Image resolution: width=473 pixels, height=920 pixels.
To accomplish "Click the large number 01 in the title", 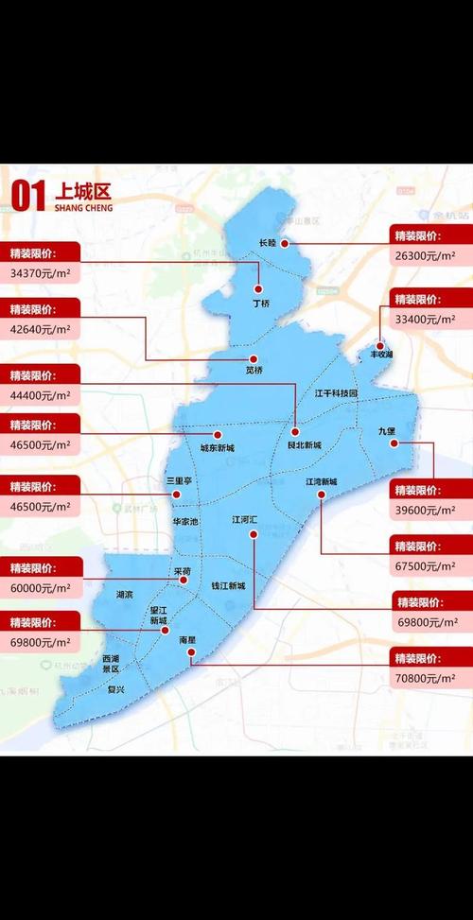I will pos(26,197).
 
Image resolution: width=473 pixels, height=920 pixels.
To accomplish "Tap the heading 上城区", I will pos(83,191).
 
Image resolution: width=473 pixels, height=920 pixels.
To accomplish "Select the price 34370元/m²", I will pos(40,273).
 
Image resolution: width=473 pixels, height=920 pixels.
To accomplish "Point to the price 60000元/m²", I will pos(40,587).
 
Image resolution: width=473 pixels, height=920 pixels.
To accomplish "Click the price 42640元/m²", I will pos(40,329).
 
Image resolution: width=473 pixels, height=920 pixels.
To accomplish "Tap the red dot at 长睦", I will pos(282,243).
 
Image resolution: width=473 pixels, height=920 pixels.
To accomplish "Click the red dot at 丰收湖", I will pos(379,346).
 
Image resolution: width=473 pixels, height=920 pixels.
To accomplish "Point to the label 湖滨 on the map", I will pos(124,595).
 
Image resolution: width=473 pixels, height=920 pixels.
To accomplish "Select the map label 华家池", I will pos(185,521).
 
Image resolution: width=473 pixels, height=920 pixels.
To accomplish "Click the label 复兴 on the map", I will pos(115,690).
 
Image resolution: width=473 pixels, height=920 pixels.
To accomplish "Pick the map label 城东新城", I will pos(217,447).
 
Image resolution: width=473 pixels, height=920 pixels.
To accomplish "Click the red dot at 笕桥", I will pos(253,359).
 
